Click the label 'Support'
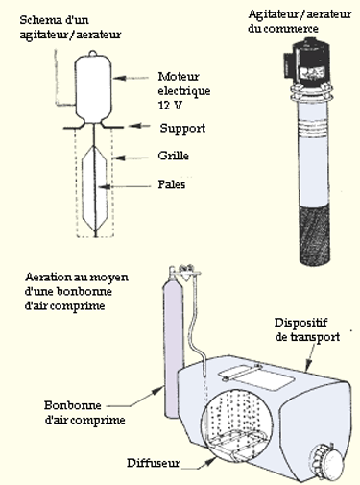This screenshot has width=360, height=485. (182, 129)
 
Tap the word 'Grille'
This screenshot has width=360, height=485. (173, 156)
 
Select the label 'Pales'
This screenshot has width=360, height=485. (172, 184)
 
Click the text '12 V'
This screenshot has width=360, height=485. (170, 105)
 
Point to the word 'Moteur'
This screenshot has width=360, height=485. (179, 77)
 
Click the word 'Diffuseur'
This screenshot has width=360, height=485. (154, 463)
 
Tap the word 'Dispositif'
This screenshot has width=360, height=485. (300, 323)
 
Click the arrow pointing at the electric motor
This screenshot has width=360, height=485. (131, 78)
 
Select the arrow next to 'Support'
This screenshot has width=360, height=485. (139, 126)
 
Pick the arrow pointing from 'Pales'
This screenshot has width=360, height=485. (125, 186)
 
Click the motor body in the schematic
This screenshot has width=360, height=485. (93, 88)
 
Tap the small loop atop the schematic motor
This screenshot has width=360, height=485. (93, 53)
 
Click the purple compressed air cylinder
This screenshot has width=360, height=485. (173, 343)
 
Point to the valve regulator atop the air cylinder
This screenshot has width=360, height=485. (186, 271)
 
